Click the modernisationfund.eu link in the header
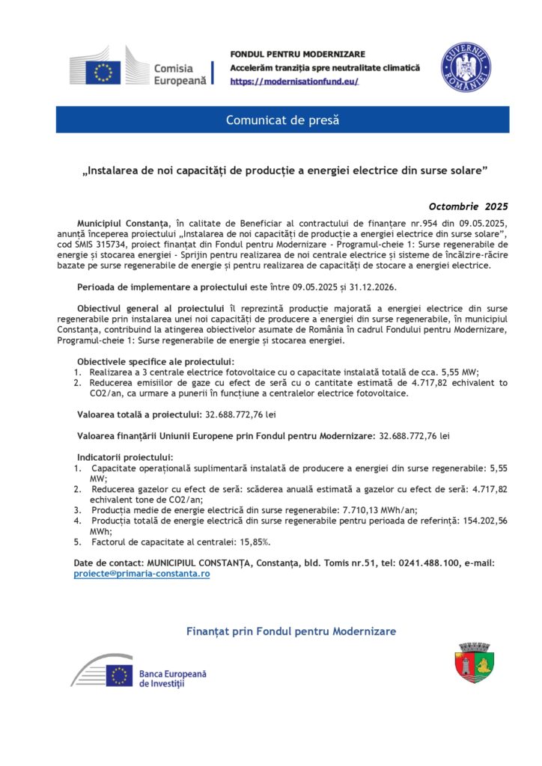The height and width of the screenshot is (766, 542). point(294,81)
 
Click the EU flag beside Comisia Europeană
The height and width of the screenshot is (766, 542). point(103,72)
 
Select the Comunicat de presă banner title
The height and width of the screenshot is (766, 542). point(282,120)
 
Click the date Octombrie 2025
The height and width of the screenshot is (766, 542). point(468,206)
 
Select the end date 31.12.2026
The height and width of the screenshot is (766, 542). point(370,287)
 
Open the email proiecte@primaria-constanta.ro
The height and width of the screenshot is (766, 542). point(141,573)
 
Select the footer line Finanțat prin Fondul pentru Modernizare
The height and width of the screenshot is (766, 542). point(290,632)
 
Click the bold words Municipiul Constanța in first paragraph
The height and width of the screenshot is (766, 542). point(124,223)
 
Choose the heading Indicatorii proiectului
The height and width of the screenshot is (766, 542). point(125,456)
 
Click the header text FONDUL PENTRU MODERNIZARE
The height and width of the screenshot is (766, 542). point(297,55)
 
